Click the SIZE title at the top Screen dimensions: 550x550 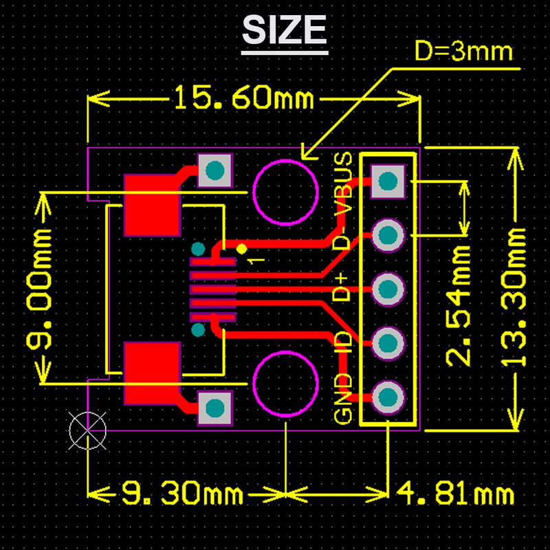click(x=285, y=30)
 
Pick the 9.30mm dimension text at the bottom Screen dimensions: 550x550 click(x=182, y=493)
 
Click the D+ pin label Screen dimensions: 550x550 click(x=342, y=287)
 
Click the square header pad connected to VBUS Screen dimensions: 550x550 click(x=388, y=181)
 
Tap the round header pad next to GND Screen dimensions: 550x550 click(x=388, y=397)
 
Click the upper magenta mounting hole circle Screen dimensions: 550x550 click(x=285, y=192)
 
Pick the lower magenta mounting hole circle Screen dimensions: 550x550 click(x=285, y=384)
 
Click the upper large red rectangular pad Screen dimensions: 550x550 click(x=152, y=205)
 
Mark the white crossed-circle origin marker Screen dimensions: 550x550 click(x=88, y=431)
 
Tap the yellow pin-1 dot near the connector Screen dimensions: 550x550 click(x=241, y=248)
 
